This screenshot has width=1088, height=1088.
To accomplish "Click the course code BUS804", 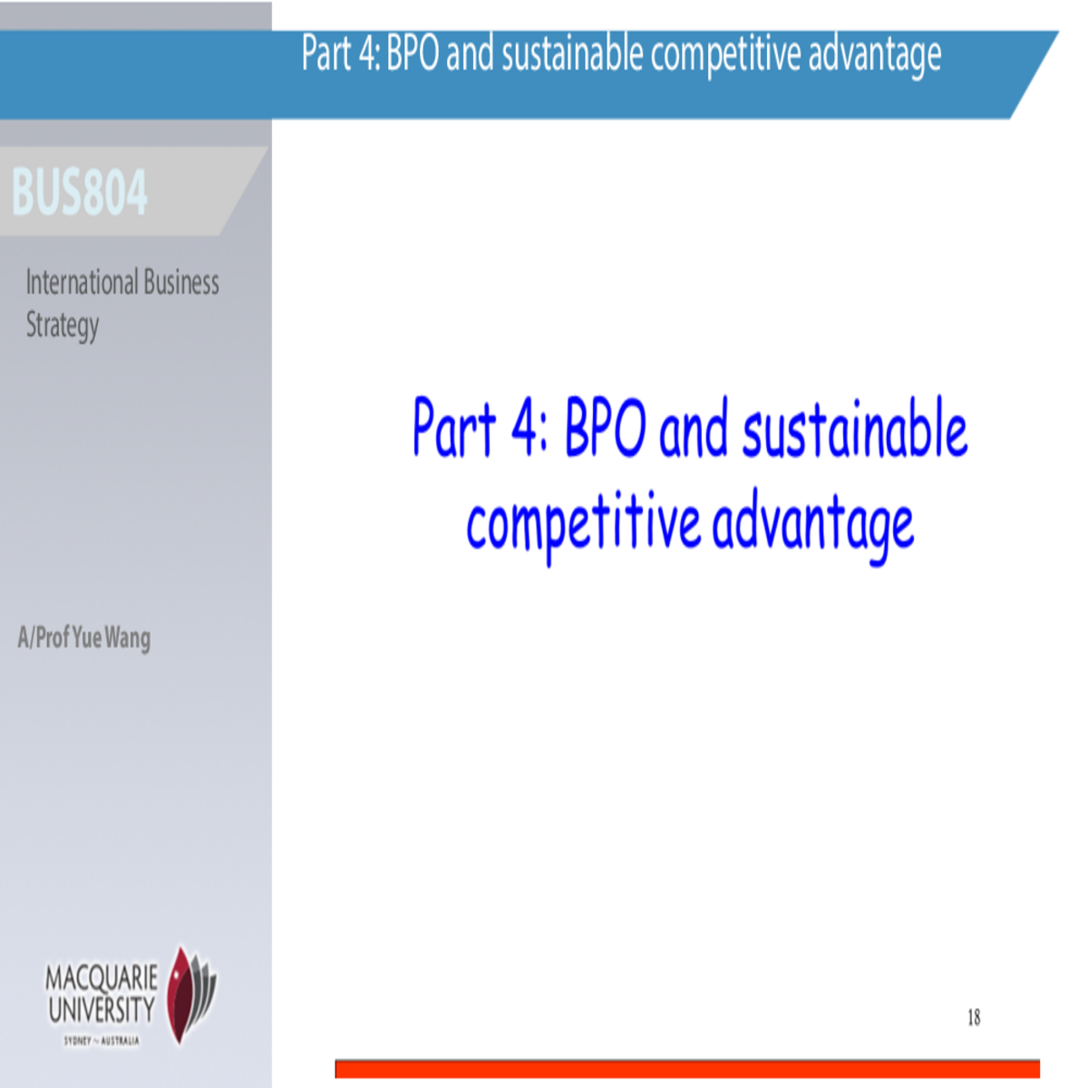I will click(80, 192).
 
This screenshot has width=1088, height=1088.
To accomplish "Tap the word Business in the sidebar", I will click(181, 283).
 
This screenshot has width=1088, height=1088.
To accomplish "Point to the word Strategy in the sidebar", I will click(62, 325).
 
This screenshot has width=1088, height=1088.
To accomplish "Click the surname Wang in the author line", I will click(128, 638).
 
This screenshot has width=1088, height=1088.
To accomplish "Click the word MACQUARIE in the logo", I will click(102, 978).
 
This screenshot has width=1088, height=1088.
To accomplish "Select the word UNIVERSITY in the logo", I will click(102, 1009).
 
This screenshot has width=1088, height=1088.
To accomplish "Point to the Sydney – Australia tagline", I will click(102, 1041).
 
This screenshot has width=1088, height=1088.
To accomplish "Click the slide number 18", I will click(974, 1017).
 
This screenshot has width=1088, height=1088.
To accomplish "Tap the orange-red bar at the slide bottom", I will click(687, 1069).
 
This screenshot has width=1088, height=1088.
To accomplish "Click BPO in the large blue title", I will click(605, 428).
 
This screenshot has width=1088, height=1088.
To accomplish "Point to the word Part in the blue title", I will click(454, 428).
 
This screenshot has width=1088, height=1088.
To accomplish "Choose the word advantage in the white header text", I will click(874, 55).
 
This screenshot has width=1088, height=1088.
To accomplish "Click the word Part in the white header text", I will click(326, 53).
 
